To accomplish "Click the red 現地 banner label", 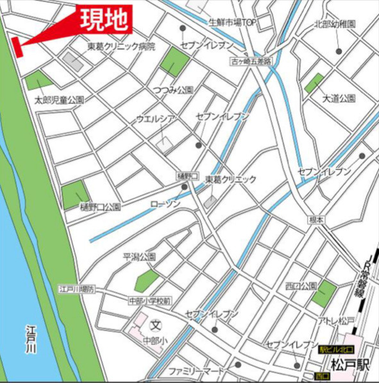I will pos(105,19).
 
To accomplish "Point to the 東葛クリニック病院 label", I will pos(122,47).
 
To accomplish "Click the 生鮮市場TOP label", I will pos(232,22).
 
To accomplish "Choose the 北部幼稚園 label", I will pos(335,24).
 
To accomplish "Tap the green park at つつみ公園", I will pos(174,62).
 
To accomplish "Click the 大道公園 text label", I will pos(339,98).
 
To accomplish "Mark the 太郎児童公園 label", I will pos(60,100).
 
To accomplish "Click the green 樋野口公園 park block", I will pos(75,194).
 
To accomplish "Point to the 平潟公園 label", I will pos(140,257).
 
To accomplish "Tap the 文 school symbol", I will pos(155,325).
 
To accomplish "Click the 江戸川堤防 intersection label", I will pos(77,289).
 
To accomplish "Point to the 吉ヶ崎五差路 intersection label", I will pos(251,62).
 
